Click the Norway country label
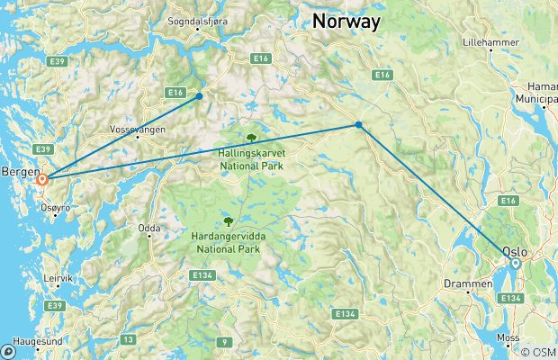tap(346, 21)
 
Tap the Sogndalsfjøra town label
tap(195, 22)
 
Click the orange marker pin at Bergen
tap(42, 179)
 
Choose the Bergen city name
tap(21, 171)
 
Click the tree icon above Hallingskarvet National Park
tap(251, 138)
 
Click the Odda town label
tap(148, 229)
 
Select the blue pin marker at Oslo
tap(514, 263)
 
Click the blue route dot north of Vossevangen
tap(199, 95)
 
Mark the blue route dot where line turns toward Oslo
tap(359, 125)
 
